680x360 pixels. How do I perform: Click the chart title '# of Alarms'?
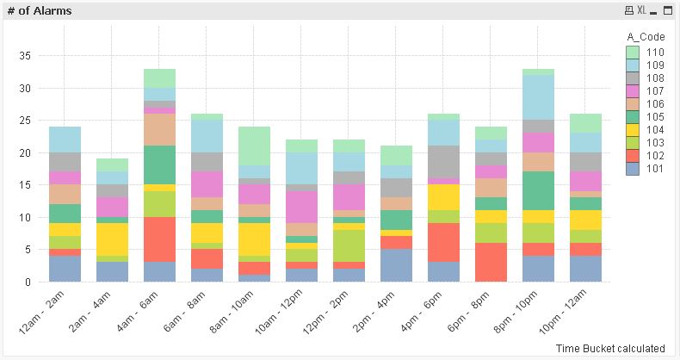39,10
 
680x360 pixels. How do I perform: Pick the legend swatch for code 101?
631,169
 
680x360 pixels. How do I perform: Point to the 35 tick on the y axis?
25,56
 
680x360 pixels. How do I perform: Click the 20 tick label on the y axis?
25,152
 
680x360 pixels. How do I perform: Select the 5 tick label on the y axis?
28,250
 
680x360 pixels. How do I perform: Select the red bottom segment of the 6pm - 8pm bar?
491,262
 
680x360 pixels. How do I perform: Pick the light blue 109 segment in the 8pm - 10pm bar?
538,97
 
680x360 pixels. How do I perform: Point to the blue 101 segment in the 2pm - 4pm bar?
396,265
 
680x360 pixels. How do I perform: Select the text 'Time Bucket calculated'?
609,348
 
